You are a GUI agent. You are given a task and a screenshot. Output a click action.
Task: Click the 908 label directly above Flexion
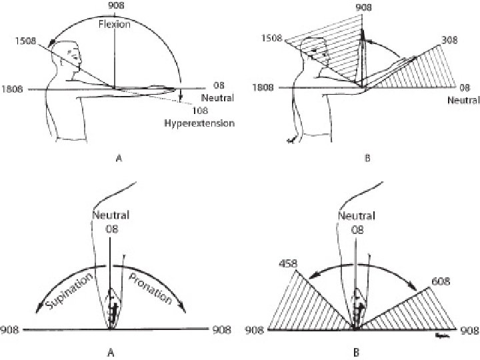[116, 7]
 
